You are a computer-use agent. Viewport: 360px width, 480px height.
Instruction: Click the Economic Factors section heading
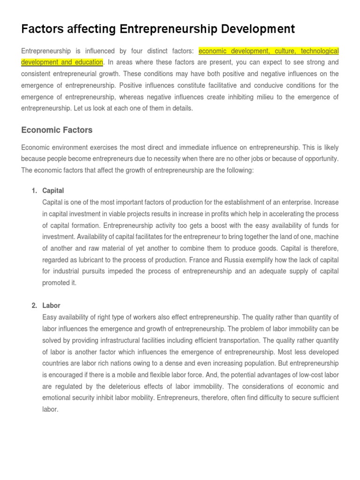coord(57,130)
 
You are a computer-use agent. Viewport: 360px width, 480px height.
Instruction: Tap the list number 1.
coord(34,191)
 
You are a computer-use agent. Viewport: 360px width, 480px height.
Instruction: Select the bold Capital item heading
coord(53,191)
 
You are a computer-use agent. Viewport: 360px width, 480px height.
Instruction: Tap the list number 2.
coord(34,306)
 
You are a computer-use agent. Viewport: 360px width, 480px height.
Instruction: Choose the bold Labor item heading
coord(51,306)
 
